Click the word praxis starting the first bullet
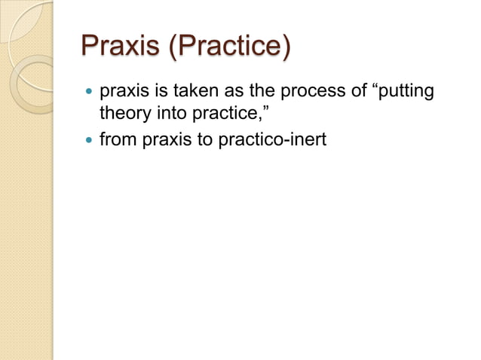pos(124,94)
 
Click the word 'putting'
pos(401,95)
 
